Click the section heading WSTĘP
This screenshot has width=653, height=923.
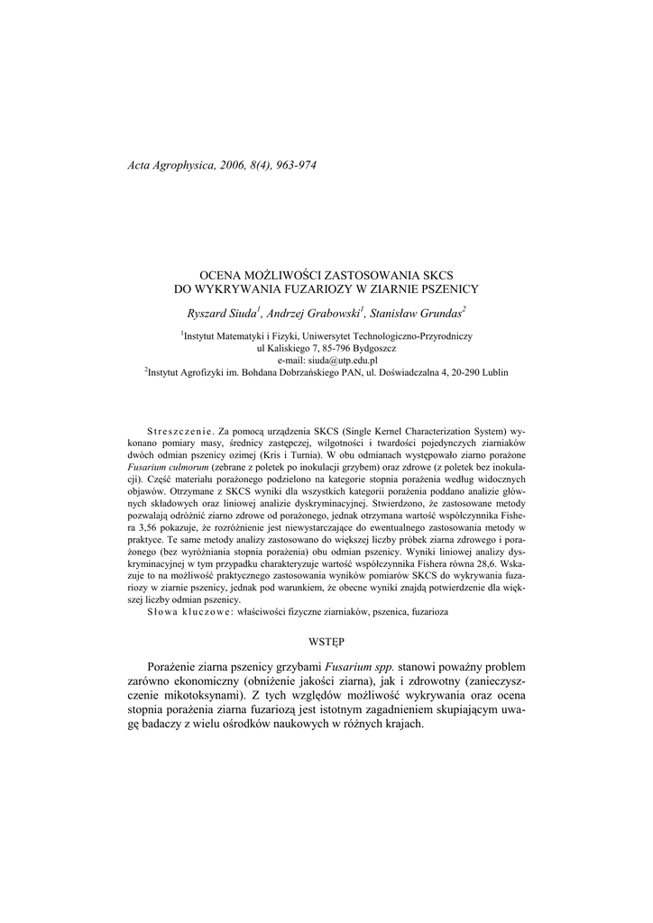pyautogui.click(x=326, y=643)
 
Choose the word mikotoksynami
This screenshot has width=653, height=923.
pyautogui.click(x=201, y=695)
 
